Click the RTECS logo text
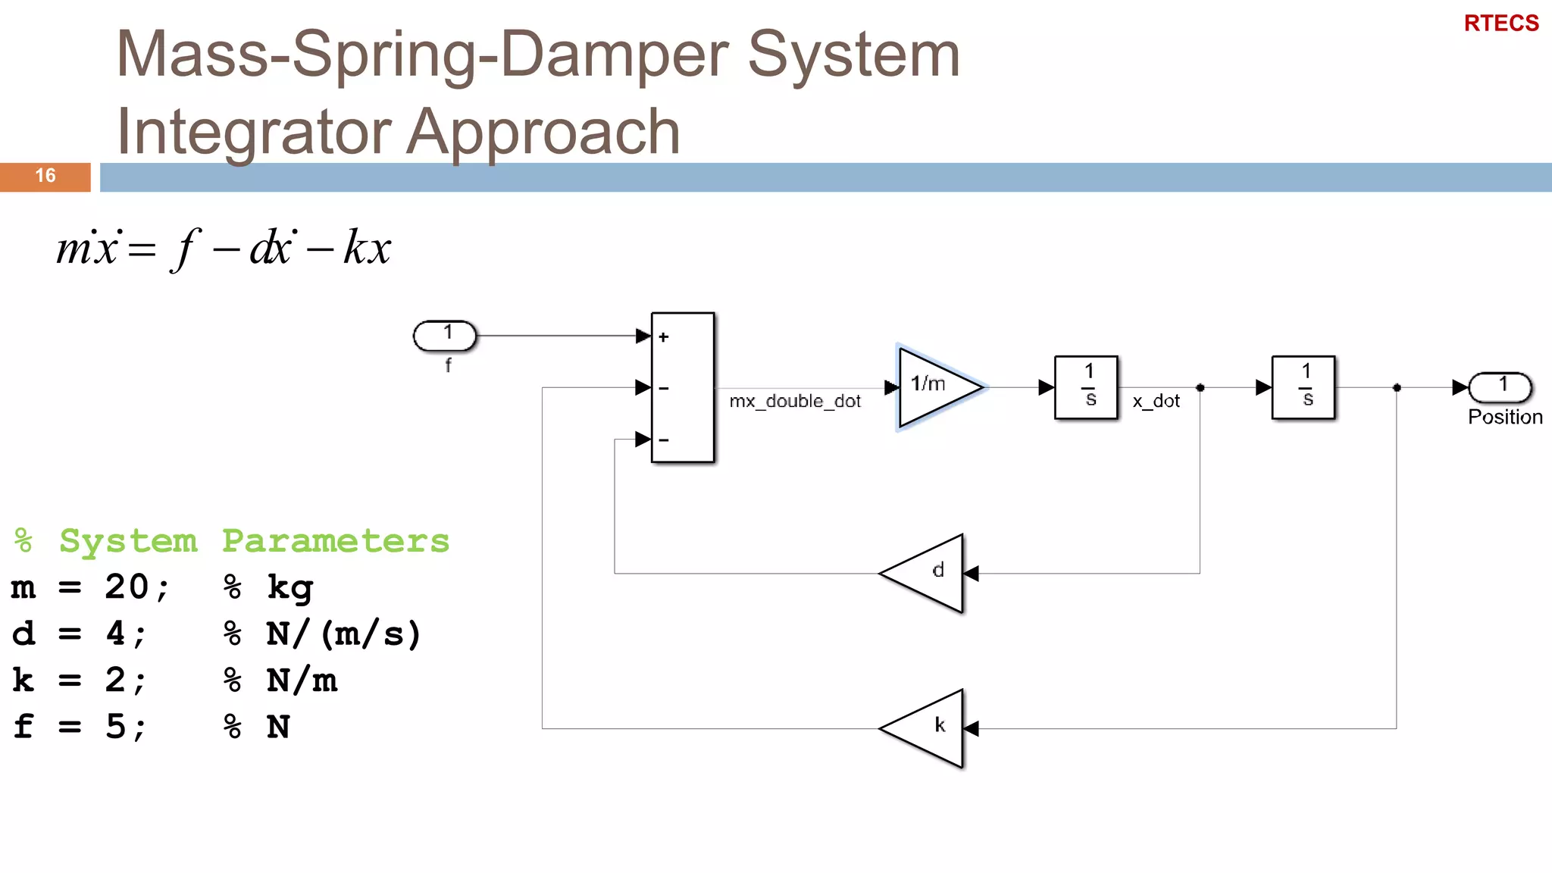(1500, 23)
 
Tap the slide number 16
(45, 176)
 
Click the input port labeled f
(446, 336)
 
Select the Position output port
(1500, 387)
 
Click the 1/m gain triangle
(935, 386)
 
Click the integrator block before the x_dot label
(1086, 387)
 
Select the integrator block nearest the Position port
(1303, 387)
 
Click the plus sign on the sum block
(664, 337)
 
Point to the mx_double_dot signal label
(795, 401)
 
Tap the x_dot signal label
(1156, 401)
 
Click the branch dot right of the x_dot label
(1200, 388)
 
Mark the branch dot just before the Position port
(1397, 388)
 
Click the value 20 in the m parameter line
(127, 587)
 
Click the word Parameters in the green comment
(335, 541)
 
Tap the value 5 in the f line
(116, 727)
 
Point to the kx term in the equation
(367, 247)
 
